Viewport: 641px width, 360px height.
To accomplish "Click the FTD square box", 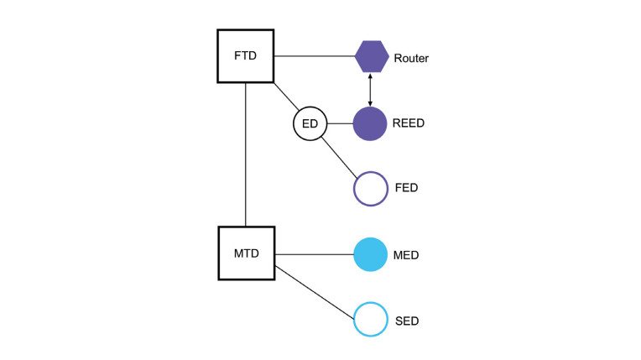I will pyautogui.click(x=245, y=56).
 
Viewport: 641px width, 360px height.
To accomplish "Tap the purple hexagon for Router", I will pyautogui.click(x=371, y=57).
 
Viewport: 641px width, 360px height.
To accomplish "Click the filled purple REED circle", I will pyautogui.click(x=370, y=124).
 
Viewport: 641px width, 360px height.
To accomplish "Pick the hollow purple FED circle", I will pyautogui.click(x=370, y=188).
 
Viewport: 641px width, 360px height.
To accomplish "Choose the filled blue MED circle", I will pyautogui.click(x=370, y=255).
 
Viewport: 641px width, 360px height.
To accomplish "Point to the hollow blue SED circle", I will pyautogui.click(x=370, y=321).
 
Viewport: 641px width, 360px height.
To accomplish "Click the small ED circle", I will pyautogui.click(x=309, y=124).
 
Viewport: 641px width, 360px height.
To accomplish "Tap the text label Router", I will pyautogui.click(x=411, y=58).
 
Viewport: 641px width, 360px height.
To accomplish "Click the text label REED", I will pyautogui.click(x=409, y=124).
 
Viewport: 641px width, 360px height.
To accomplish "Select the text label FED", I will pyautogui.click(x=406, y=188).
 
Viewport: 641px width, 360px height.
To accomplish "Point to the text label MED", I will pyautogui.click(x=407, y=255).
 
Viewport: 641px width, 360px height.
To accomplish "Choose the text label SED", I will pyautogui.click(x=406, y=321).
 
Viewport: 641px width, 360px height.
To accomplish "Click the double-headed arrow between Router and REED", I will pyautogui.click(x=370, y=91).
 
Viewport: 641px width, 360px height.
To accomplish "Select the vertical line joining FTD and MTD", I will pyautogui.click(x=245, y=154).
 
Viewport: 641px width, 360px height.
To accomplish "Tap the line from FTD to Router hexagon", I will pyautogui.click(x=314, y=57).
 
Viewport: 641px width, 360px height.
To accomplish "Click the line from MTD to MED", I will pyautogui.click(x=314, y=255).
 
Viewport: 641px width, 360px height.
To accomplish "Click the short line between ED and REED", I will pyautogui.click(x=338, y=124).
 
